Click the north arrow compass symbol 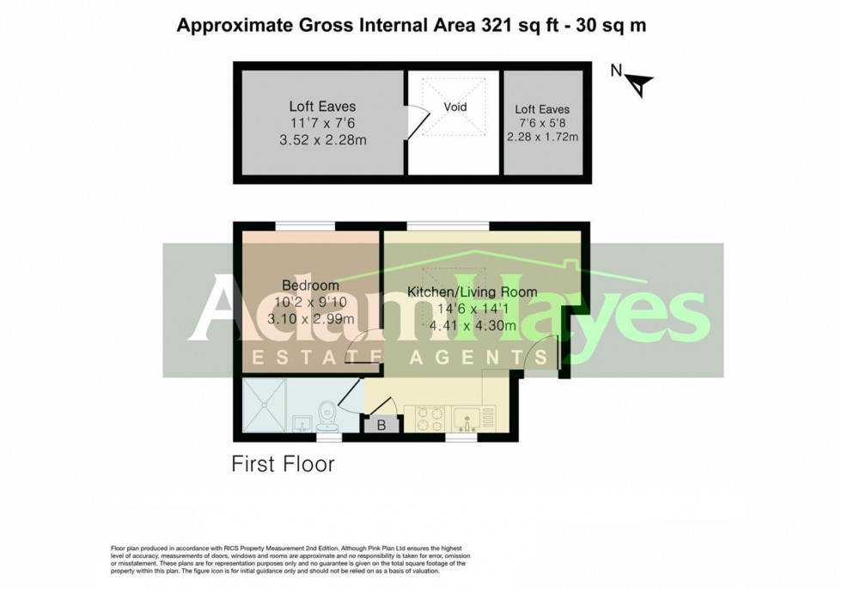tap(640, 83)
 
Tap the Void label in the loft tap(455, 107)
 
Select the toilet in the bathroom tap(326, 416)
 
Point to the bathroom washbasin tap(302, 422)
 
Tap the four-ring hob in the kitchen tap(430, 419)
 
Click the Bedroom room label tap(310, 285)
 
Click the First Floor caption tap(283, 464)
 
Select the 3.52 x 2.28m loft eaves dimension tap(322, 140)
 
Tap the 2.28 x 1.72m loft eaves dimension tap(542, 137)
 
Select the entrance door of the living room tap(541, 353)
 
